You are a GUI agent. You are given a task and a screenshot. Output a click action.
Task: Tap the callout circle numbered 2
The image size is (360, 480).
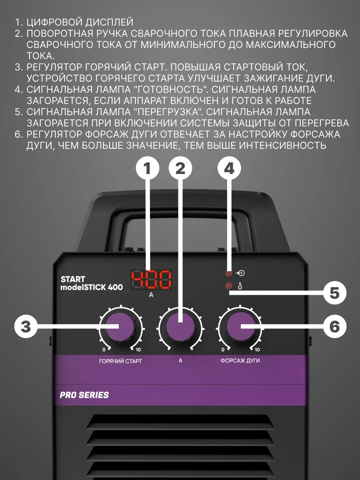pos(180,169)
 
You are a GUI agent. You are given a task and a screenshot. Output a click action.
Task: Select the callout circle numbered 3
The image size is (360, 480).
pos(26,327)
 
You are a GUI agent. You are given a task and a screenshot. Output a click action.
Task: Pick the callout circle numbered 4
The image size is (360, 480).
pos(229,169)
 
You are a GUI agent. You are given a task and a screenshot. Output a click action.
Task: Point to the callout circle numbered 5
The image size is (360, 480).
pos(334,293)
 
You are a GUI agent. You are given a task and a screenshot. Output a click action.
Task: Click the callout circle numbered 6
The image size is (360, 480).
pos(334,327)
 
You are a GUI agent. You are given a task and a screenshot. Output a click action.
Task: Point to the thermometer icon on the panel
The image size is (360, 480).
pos(240,286)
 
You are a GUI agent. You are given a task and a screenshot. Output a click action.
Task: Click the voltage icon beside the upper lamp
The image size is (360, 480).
pos(240,274)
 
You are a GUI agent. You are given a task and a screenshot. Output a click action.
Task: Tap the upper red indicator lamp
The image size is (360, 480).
pos(229,274)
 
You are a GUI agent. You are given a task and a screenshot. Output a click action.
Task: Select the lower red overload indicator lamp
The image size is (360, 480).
pos(229,286)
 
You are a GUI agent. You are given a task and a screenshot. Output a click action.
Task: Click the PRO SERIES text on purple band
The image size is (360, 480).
pos(84,395)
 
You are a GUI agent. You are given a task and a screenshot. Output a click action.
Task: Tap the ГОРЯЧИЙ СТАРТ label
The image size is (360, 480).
pos(120,361)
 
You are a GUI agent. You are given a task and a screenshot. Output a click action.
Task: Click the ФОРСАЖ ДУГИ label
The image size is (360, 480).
pos(240,360)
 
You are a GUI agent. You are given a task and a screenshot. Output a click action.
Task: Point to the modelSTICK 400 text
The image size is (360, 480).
pos(92,287)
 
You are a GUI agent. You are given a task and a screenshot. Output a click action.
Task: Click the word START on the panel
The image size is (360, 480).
pos(73,279)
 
